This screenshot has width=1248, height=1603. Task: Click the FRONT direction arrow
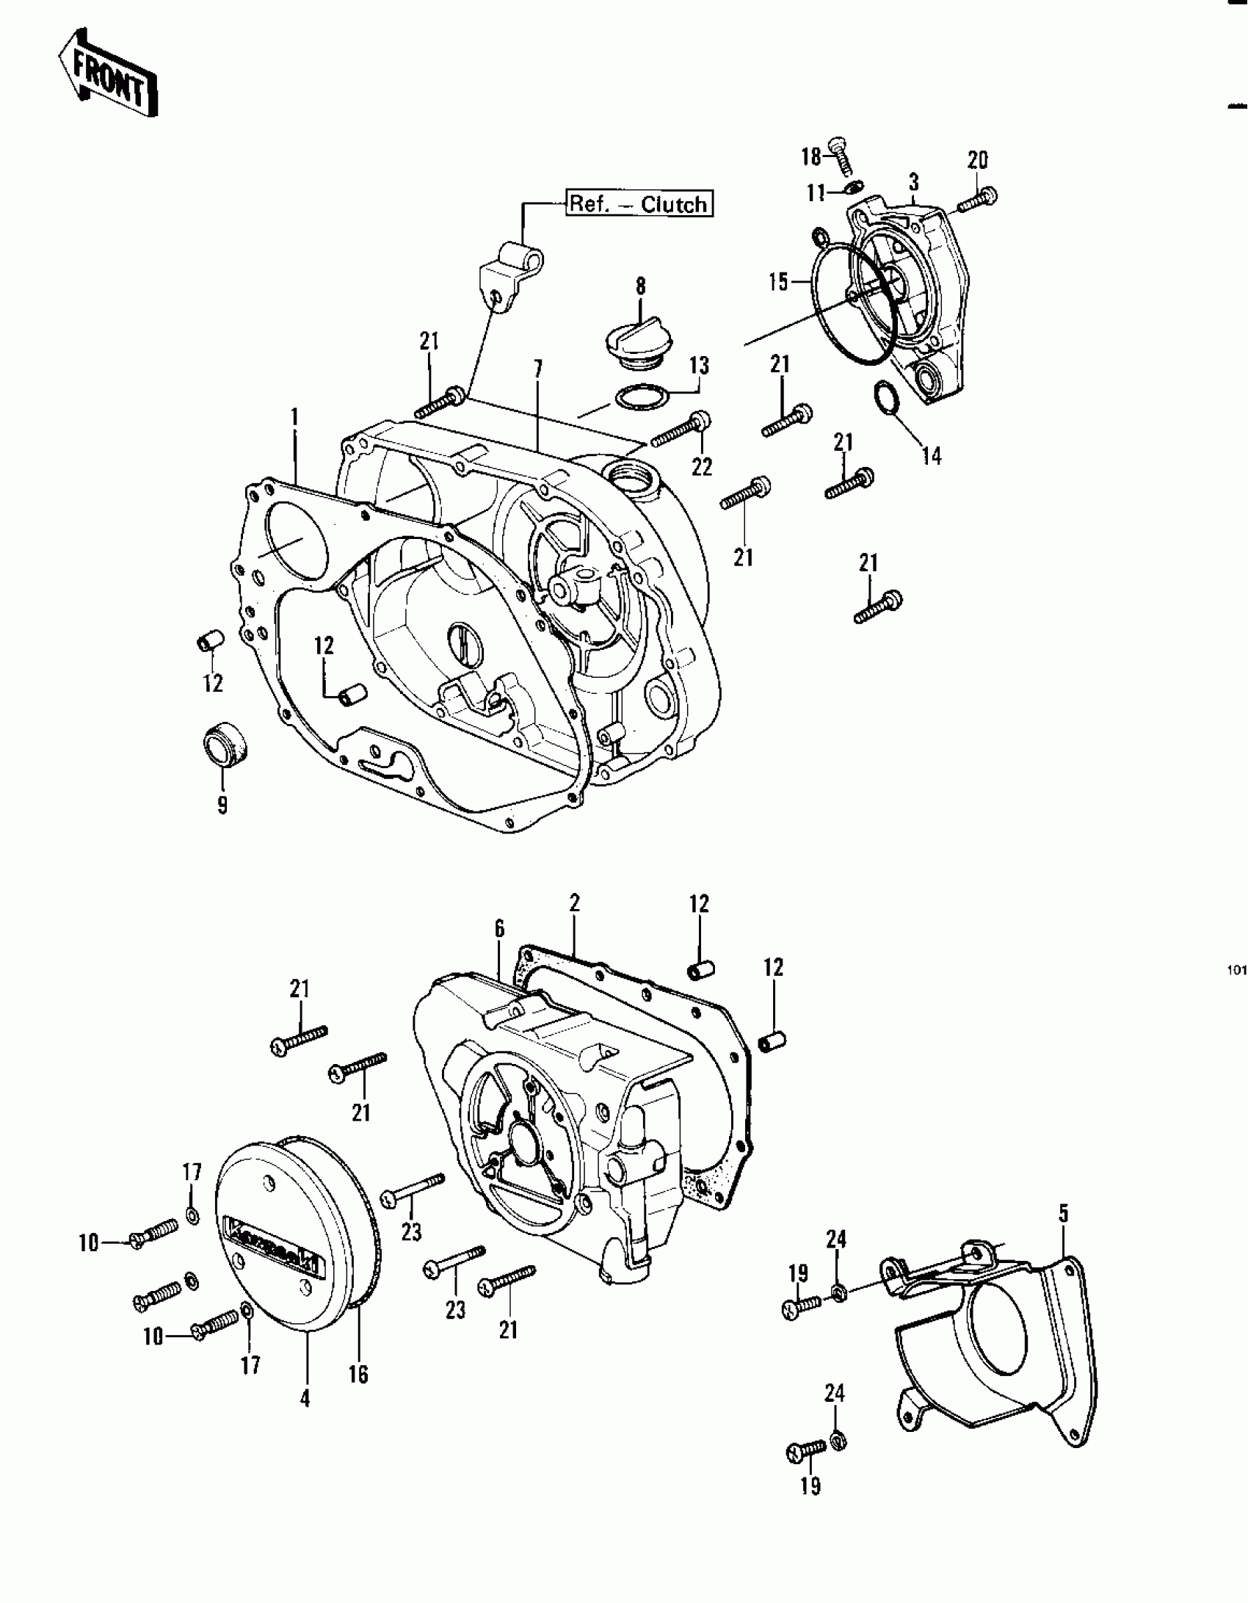click(107, 74)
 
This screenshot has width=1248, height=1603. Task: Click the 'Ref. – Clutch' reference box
click(639, 203)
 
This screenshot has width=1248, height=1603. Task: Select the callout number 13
click(699, 365)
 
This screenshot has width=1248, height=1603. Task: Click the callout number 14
click(931, 456)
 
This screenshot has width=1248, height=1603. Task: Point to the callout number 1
click(294, 418)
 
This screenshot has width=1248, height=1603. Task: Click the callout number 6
click(499, 930)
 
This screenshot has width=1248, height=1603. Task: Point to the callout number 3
click(913, 181)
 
